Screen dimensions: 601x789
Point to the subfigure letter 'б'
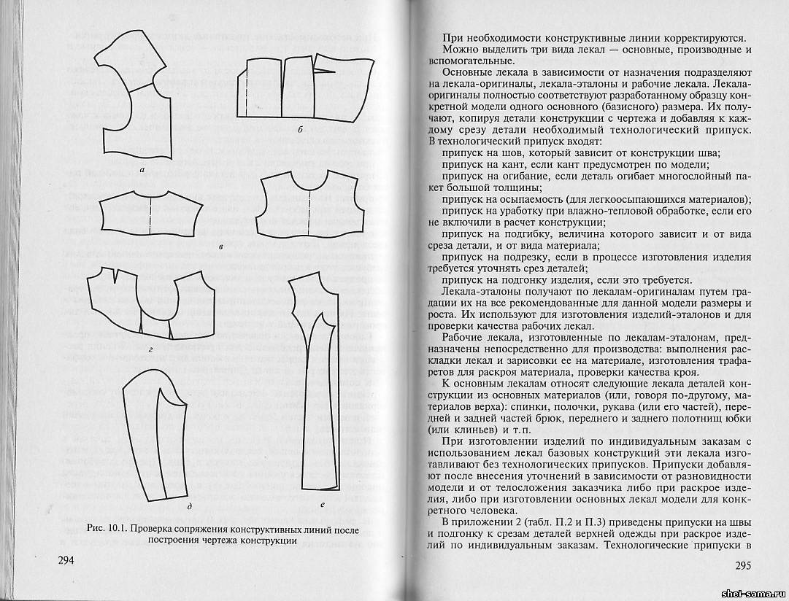[x=300, y=130]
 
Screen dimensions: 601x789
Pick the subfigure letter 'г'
[x=150, y=349]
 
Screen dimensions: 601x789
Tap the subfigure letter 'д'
[x=189, y=506]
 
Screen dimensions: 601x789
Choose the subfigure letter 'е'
[x=322, y=505]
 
